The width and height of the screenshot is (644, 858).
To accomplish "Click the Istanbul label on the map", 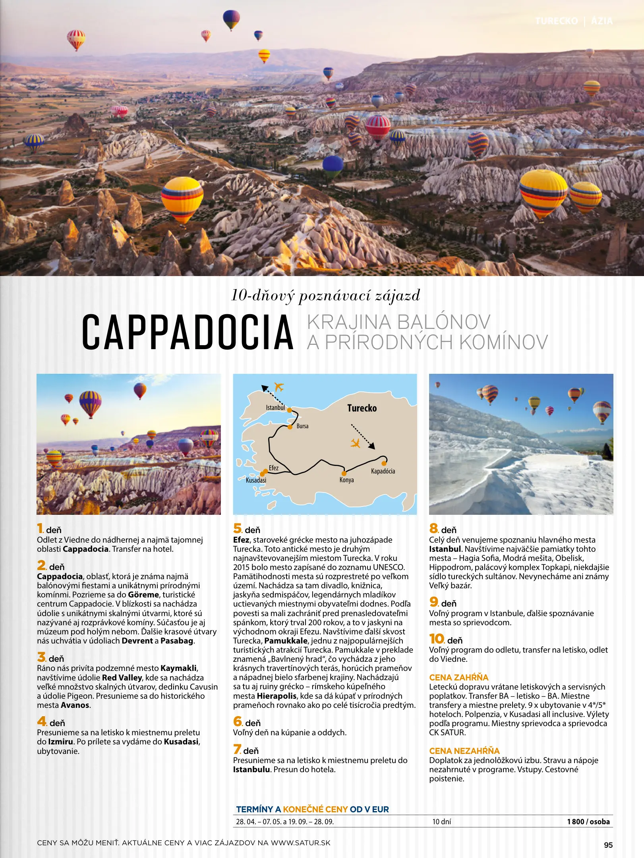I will (275, 408).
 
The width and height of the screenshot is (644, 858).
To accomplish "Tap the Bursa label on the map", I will (302, 426).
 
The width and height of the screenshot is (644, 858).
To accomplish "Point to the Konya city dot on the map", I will (344, 473).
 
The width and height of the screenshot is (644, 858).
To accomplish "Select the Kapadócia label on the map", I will (383, 471).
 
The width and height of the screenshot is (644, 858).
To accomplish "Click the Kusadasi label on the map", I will (256, 480).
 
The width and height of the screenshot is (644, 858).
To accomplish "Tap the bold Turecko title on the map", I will (362, 408).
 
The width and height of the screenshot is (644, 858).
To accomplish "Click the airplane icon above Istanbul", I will (279, 386).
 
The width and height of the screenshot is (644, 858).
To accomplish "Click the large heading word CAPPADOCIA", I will (188, 332).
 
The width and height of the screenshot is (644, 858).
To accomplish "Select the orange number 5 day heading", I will (238, 528).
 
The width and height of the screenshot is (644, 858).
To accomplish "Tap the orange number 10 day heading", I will (437, 639).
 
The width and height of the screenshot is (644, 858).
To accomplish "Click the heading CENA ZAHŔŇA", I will (459, 677).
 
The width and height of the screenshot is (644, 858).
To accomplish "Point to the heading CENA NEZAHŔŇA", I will (464, 751).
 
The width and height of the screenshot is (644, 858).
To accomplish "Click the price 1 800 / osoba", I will (588, 821).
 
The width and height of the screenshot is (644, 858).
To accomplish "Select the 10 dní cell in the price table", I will (442, 821).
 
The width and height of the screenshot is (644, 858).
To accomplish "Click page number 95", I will (608, 845).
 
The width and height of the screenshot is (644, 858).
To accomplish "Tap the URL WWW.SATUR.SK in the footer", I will (301, 843).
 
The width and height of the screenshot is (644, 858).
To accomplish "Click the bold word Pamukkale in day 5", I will (286, 641).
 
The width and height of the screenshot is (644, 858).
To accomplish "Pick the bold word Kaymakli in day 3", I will (178, 668).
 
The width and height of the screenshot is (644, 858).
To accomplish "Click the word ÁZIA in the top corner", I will (602, 21).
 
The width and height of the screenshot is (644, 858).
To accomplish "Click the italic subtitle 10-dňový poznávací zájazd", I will (325, 296).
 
